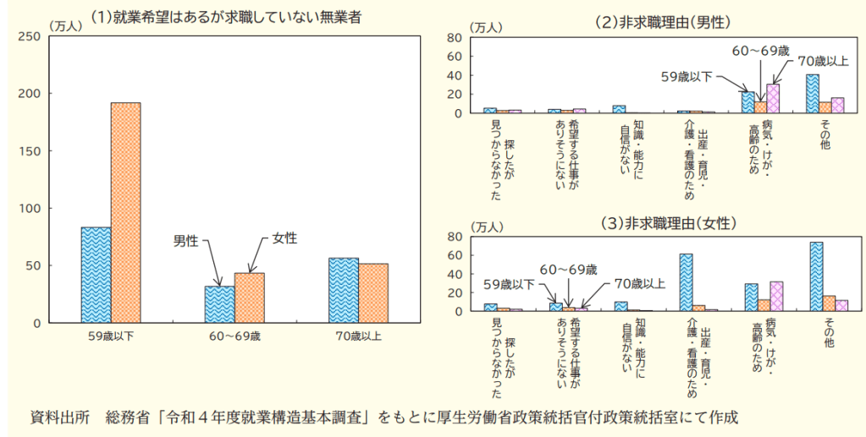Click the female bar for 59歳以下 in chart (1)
[126, 213]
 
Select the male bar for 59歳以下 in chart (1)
[96, 275]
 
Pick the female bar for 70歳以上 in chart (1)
[373, 293]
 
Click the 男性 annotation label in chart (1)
[186, 242]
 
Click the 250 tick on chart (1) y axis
[30, 36]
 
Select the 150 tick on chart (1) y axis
[30, 151]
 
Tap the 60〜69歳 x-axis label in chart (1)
[234, 336]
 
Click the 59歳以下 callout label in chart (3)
[509, 284]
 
